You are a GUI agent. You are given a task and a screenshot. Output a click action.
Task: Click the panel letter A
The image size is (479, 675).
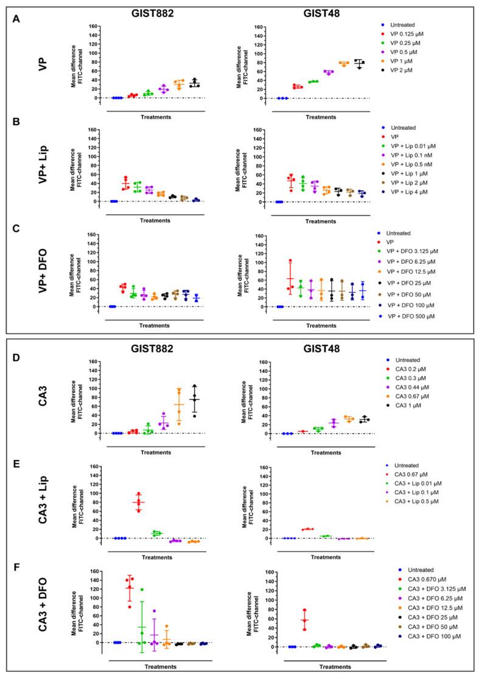[x=16, y=19]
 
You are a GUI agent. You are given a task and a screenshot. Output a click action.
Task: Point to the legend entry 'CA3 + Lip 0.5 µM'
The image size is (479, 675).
[x=417, y=500]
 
